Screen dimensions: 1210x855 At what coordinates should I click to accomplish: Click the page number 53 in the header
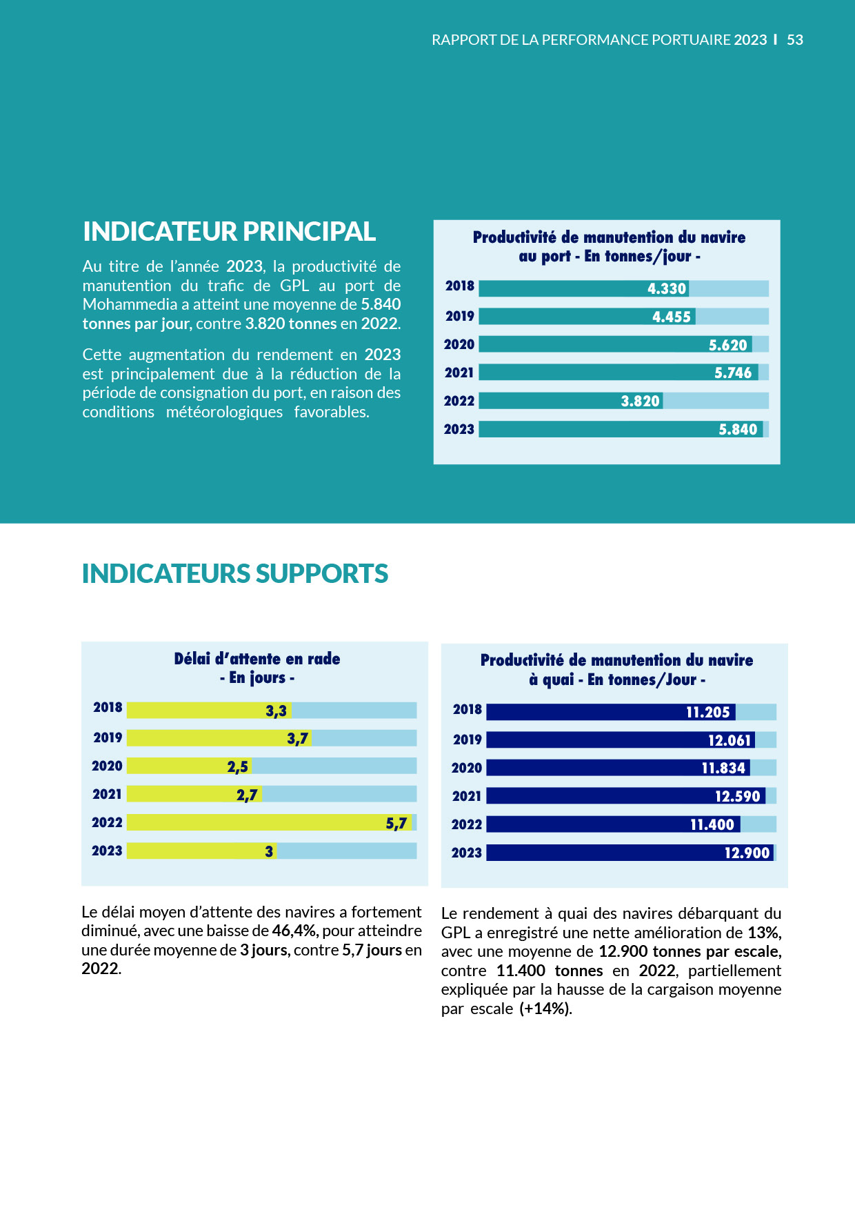point(795,40)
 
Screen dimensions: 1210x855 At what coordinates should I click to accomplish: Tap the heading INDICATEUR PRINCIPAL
point(229,232)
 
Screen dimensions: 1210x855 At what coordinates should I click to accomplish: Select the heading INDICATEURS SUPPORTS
point(234,574)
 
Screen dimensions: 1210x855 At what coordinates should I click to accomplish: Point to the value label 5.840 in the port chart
point(738,430)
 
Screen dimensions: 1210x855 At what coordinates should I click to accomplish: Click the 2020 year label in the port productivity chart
point(459,344)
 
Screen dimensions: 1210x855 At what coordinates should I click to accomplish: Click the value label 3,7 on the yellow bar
point(297,739)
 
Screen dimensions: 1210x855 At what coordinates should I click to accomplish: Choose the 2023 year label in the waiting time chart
point(107,851)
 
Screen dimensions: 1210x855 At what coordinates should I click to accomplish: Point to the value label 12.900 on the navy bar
point(747,853)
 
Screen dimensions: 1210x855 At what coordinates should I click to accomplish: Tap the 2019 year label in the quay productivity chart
point(467,740)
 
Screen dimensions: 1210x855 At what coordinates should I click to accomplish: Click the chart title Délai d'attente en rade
point(256,659)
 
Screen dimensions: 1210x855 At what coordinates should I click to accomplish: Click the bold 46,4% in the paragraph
point(295,931)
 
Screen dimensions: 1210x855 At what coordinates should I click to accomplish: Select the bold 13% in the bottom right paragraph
point(764,933)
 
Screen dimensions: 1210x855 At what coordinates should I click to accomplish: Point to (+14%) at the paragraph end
point(545,1009)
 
